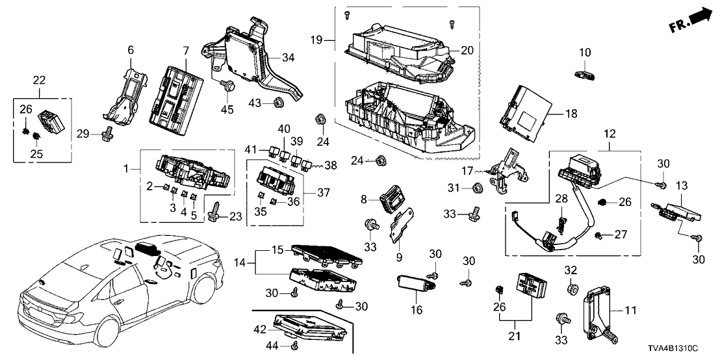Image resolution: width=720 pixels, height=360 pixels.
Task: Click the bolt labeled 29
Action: pos(104,135)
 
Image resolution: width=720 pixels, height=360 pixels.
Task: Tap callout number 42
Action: pos(260,329)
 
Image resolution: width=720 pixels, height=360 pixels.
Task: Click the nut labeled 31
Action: pos(475,189)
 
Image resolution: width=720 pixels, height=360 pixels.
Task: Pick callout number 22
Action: pos(40,80)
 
